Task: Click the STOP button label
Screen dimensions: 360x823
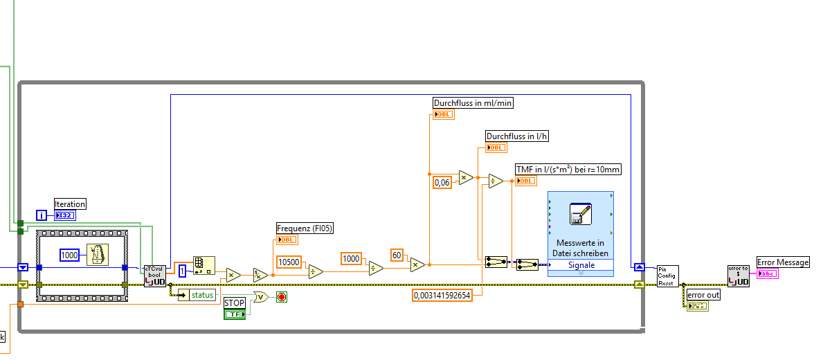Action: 235,303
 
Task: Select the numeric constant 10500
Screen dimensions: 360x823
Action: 289,262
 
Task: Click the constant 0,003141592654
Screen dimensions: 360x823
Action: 442,296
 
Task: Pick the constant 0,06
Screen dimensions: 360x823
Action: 442,182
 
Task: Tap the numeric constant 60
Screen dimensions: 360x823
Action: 397,254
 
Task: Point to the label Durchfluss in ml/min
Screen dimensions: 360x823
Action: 473,103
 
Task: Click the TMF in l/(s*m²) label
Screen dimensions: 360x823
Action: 568,170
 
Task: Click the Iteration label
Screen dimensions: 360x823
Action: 70,204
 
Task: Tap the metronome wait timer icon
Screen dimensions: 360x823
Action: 98,255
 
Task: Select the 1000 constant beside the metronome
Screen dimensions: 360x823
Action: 70,255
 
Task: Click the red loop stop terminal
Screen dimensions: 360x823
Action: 282,297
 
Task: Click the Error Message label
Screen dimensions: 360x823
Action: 782,262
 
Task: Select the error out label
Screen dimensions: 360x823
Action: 703,295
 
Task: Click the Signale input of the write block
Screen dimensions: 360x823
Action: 581,265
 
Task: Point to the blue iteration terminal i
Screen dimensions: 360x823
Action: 42,215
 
